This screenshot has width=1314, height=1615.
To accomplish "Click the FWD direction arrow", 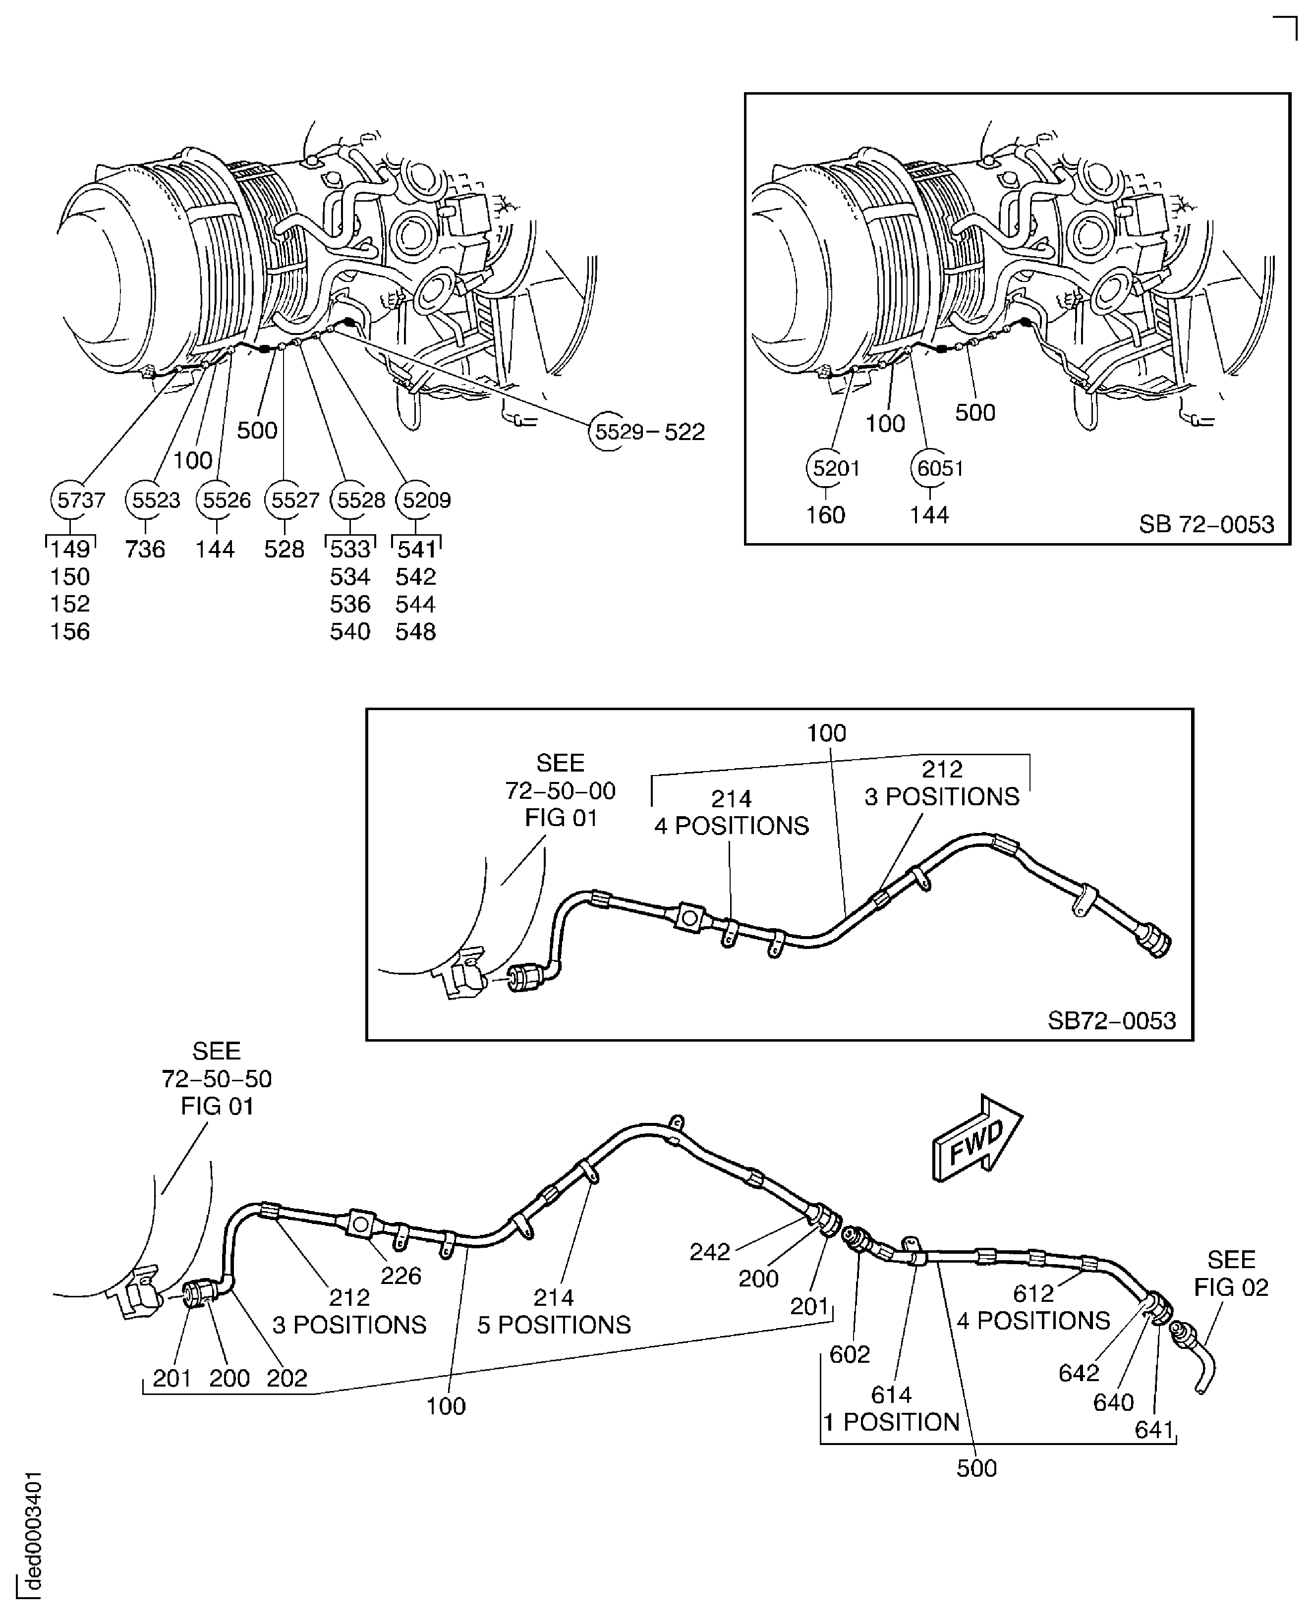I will [977, 1137].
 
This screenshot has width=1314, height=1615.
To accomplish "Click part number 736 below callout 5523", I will [145, 550].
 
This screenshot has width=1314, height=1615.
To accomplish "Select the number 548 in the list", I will [415, 632].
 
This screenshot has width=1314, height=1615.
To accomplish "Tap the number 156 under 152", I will [69, 632].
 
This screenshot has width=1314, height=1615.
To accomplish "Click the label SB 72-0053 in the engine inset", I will [1206, 524].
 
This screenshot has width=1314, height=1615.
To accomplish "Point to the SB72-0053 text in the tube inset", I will [1111, 1021].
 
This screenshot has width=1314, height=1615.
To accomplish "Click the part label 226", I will [400, 1276].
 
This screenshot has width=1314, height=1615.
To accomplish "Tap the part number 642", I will [1079, 1372].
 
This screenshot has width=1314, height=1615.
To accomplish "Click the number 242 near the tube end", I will [709, 1252].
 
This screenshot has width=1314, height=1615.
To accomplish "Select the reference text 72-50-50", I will [217, 1078].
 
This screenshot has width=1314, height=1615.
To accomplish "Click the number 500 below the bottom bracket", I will [976, 1468].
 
